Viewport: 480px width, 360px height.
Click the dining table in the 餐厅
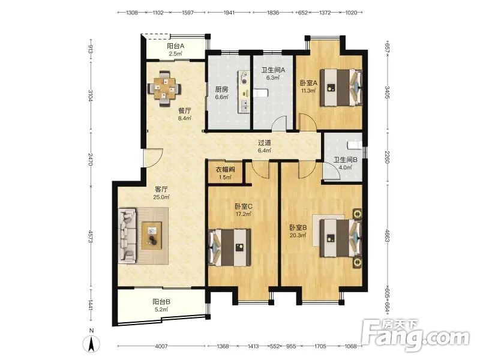tap(164, 88)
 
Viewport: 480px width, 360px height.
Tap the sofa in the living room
tap(127, 235)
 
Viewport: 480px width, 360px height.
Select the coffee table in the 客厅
tap(152, 235)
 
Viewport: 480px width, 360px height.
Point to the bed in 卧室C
tap(230, 247)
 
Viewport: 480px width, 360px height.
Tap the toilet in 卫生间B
tap(355, 144)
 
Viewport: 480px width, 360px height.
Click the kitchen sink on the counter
tap(244, 106)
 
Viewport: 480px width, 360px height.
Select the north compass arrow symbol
tap(92, 343)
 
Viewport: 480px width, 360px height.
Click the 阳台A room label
tap(175, 46)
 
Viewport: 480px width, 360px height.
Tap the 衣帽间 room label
tap(225, 169)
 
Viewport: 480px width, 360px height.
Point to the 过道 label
tap(265, 143)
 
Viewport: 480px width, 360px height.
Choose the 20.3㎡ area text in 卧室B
tap(298, 235)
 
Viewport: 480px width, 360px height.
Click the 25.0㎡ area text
tap(161, 197)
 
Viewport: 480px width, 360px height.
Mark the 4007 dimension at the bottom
tap(161, 346)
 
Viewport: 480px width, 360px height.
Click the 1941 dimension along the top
tap(229, 13)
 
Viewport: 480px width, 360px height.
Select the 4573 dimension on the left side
tap(91, 237)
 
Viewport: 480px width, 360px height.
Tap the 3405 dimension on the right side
tap(388, 92)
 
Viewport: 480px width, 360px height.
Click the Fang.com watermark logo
tap(415, 335)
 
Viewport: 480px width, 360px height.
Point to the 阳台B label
tap(161, 302)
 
